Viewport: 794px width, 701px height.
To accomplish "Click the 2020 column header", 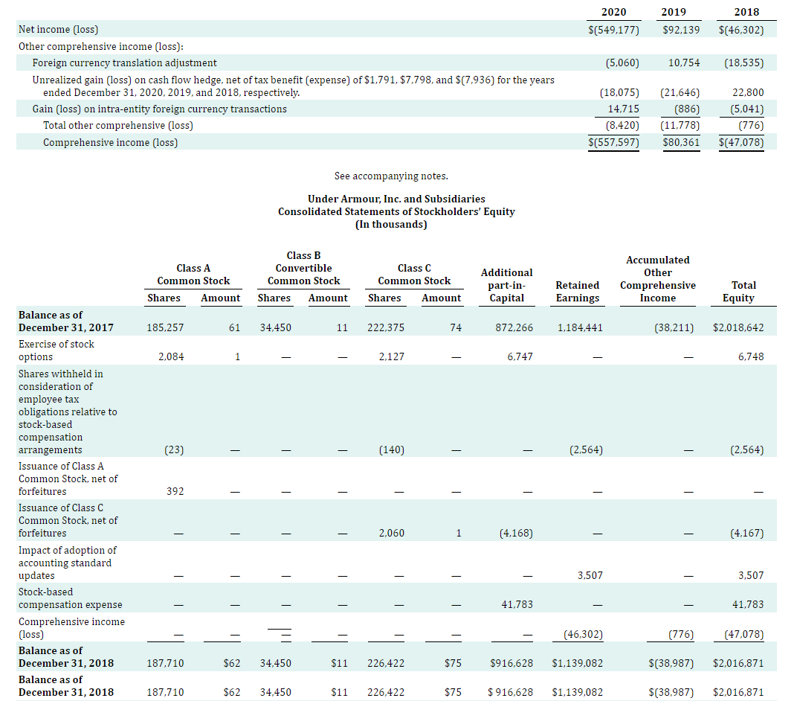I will pos(613,12).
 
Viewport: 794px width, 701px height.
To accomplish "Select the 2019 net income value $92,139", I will pos(681,30).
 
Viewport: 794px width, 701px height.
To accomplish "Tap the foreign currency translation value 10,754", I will pos(684,63).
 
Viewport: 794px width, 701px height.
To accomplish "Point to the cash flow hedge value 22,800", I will pos(749,93).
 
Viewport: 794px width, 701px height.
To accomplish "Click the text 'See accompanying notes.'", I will pos(391,176).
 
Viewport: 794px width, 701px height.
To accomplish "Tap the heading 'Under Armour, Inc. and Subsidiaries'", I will pos(396,199).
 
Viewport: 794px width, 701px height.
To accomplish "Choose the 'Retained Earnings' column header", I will pos(578,291).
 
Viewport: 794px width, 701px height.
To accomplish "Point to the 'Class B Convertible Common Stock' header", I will pos(303,268).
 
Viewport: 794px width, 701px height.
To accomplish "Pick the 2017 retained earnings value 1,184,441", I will pos(580,327).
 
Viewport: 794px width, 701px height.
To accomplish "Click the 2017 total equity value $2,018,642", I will pos(737,327).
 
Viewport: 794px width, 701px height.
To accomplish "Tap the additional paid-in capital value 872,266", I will pos(514,327).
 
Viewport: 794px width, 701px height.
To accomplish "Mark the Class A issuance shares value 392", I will pos(174,492).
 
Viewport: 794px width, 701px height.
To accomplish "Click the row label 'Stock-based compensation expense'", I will pos(71,598).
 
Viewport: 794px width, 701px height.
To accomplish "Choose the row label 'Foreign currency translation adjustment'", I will pos(125,63).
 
